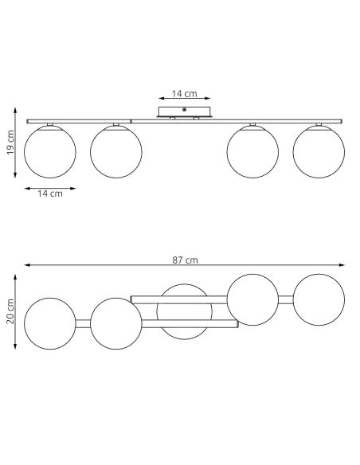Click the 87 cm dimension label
tap(185, 260)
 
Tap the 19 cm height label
tap(10, 143)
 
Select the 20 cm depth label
tap(10, 311)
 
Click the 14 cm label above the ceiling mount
tap(184, 94)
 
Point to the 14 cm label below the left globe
tap(50, 193)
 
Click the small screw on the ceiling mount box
tap(184, 110)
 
